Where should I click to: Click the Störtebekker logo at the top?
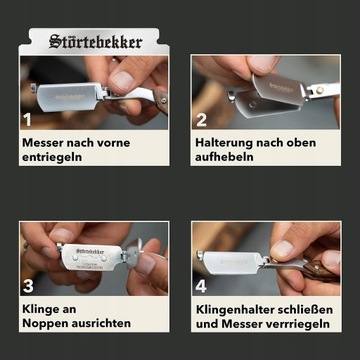tap(96, 42)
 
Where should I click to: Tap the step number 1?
tap(27, 119)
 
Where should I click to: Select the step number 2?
tap(201, 120)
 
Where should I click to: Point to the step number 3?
tap(28, 286)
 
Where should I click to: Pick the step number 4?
tap(201, 286)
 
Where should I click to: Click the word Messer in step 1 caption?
tap(42, 143)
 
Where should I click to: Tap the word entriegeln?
tap(52, 157)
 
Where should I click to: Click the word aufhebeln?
tap(224, 157)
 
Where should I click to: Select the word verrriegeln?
tap(293, 324)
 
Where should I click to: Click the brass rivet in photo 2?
tap(320, 90)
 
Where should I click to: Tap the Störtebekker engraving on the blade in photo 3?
tap(90, 251)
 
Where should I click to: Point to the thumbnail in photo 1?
tap(122, 82)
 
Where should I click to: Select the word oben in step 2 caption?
tap(300, 143)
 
